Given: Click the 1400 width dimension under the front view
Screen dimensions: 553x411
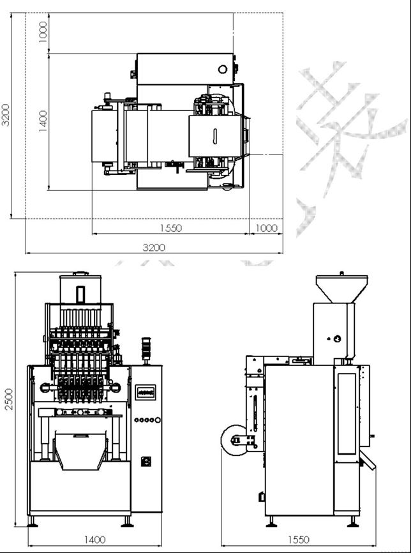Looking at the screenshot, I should pos(94,540).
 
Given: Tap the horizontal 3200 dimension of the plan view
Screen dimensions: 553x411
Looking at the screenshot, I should pos(153,247).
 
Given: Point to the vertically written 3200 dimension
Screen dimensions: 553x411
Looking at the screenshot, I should pos(6,116).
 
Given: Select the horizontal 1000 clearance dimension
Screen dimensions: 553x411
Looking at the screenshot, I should pos(266,228).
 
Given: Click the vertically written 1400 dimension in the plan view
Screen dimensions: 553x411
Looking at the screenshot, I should pos(43,121).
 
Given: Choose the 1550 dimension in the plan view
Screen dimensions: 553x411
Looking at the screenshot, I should pos(170,228).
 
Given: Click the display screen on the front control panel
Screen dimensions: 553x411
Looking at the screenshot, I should pos(147,391).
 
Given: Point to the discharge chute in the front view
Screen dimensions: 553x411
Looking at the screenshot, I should pos(80,450).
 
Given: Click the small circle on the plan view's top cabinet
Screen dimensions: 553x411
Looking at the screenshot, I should pos(223,68).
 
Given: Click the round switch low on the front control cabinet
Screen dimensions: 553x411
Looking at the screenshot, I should pos(146,460).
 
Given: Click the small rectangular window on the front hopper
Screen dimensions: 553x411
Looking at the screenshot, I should pos(80,294).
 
